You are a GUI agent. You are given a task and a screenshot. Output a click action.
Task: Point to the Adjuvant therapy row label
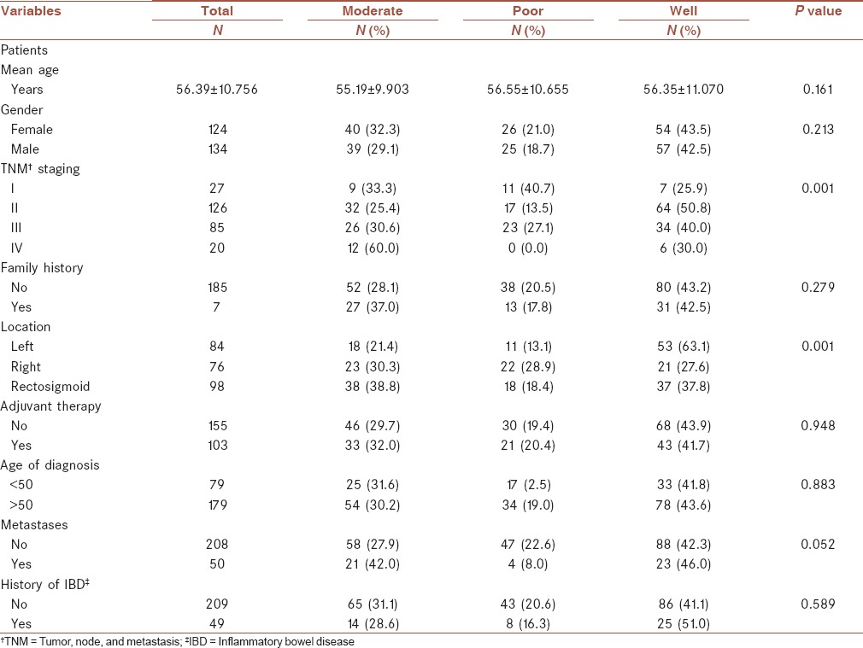[50, 406]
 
